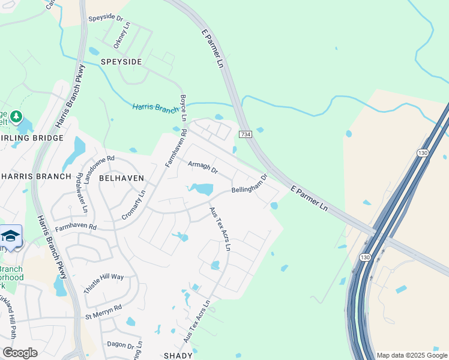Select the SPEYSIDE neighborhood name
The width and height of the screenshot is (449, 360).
tap(121, 62)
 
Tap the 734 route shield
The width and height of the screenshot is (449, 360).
tap(244, 134)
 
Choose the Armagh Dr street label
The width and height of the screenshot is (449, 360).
tap(202, 167)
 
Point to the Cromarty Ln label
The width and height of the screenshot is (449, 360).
tap(134, 205)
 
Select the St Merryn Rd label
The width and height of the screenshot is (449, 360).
tap(103, 311)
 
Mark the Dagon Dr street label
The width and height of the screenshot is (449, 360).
tap(121, 345)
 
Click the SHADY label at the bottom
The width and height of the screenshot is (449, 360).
tap(178, 355)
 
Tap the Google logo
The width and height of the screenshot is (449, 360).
tap(20, 352)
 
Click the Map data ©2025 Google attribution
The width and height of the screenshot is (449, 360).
tap(412, 355)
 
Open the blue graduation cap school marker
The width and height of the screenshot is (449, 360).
tap(11, 236)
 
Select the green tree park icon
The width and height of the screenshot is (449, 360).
tap(17, 116)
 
